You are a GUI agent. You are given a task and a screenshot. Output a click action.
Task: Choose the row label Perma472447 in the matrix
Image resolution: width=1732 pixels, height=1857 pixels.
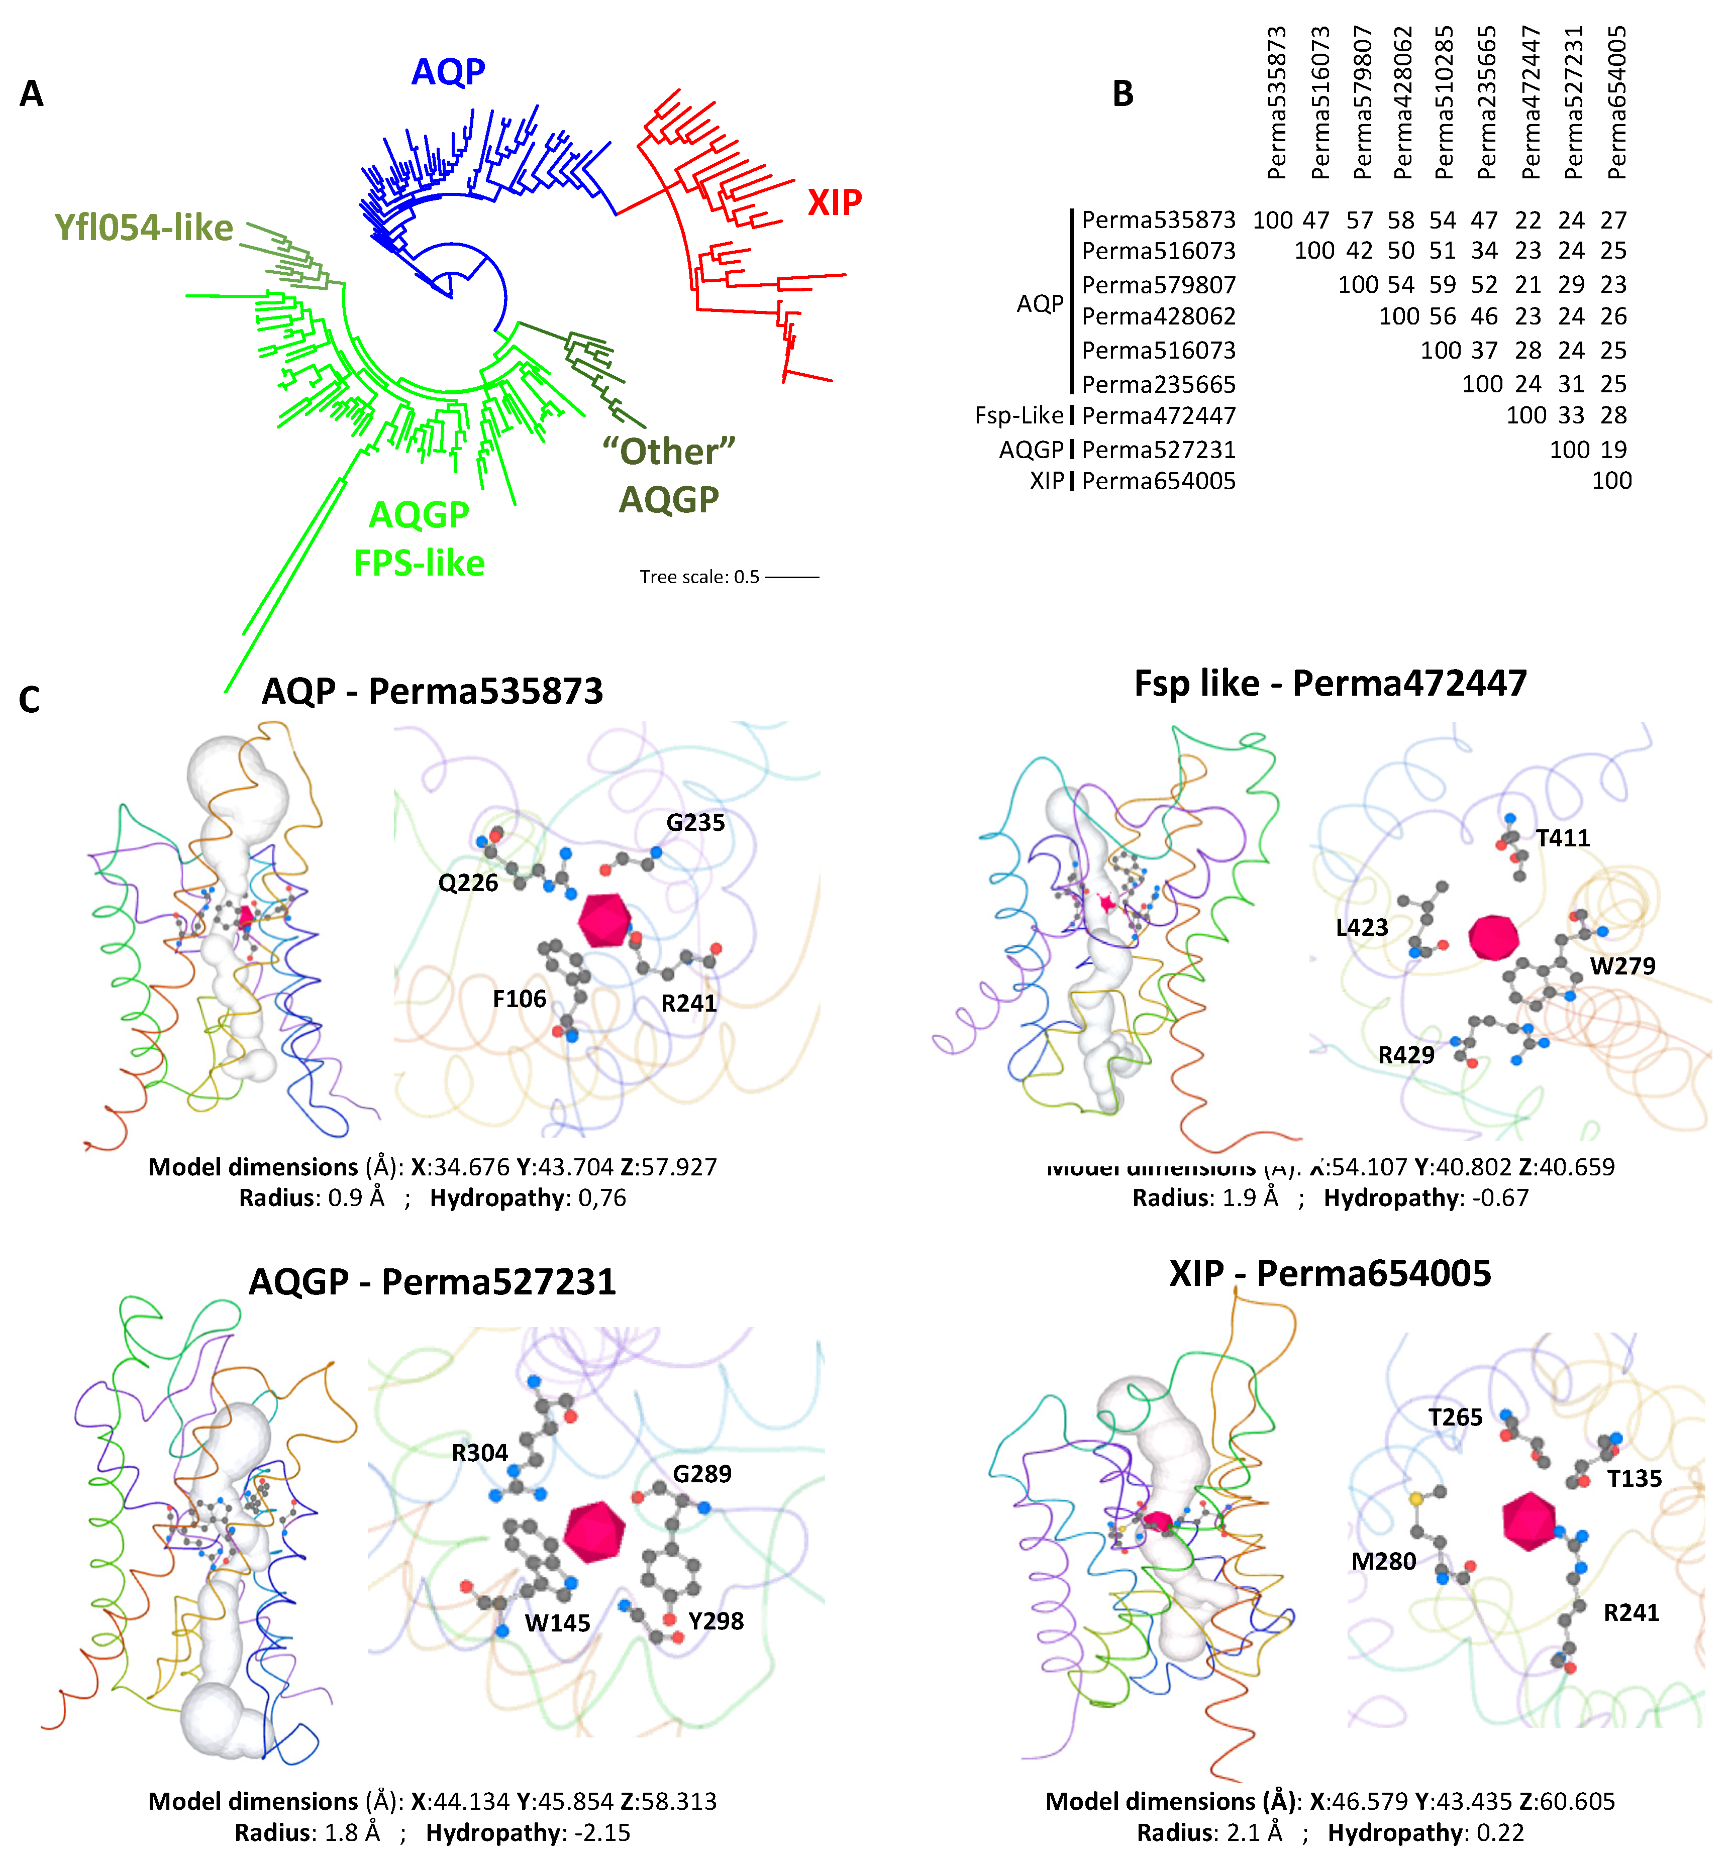point(1158,416)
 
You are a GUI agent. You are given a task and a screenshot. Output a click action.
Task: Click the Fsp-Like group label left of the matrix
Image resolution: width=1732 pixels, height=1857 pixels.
point(1018,416)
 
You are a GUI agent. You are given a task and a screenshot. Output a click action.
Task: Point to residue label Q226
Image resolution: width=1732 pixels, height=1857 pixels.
point(468,883)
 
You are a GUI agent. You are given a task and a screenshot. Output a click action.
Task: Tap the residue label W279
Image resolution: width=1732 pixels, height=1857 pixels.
point(1622,966)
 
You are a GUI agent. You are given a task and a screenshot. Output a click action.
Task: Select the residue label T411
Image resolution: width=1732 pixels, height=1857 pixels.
point(1563,838)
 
